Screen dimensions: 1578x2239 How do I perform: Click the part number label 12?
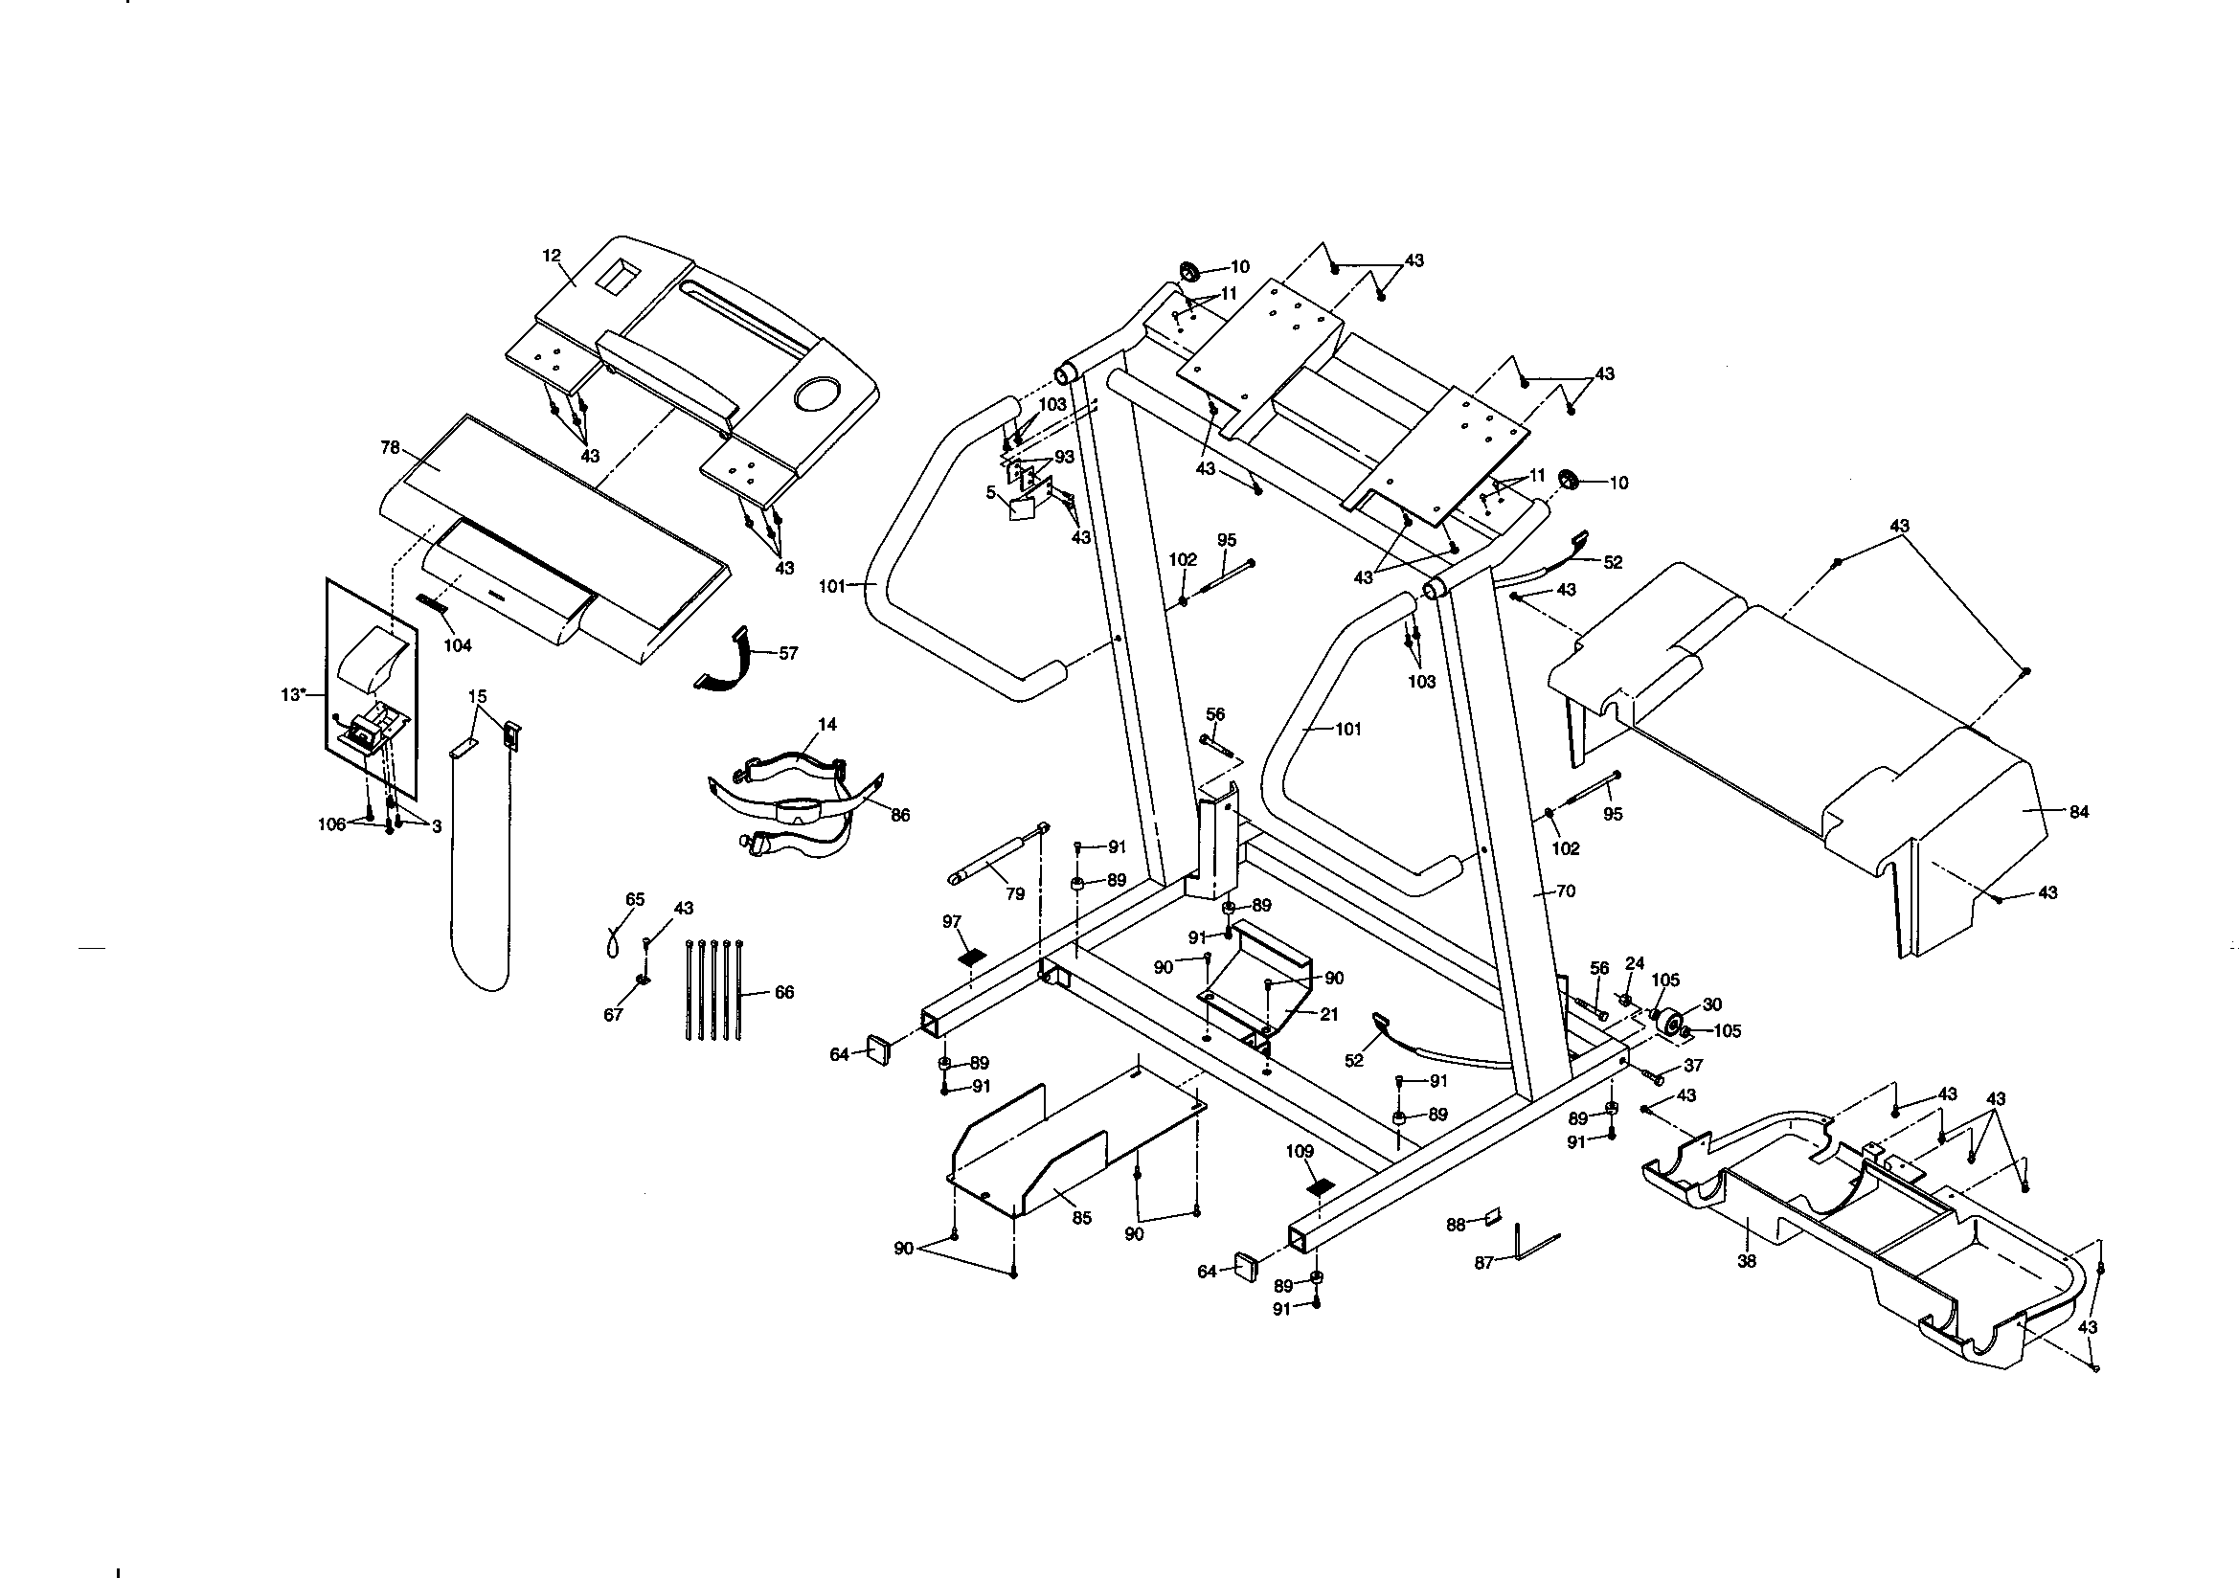(x=552, y=256)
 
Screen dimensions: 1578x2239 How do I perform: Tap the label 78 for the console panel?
(x=390, y=448)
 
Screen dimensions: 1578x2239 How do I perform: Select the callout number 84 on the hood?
(x=2079, y=811)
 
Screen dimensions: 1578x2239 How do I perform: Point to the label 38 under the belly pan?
(x=1747, y=1260)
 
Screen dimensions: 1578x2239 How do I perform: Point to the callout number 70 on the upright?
(x=1566, y=890)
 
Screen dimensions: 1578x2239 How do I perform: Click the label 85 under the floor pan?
(x=1082, y=1217)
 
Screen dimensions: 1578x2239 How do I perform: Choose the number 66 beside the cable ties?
(x=784, y=992)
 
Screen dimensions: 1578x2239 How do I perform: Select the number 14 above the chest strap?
(x=827, y=725)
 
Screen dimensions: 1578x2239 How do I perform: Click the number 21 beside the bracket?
(x=1329, y=1014)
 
